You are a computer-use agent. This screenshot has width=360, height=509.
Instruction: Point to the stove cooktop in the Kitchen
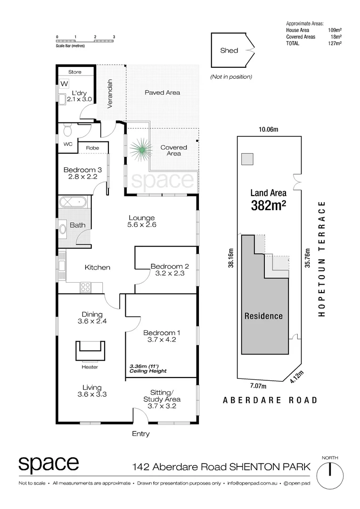click(85, 286)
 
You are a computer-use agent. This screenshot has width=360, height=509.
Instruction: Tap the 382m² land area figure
click(268, 205)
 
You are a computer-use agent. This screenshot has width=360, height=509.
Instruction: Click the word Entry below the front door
click(140, 434)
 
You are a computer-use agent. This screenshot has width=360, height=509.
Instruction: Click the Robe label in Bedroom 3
click(92, 148)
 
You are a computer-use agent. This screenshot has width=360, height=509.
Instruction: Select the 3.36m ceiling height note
click(148, 368)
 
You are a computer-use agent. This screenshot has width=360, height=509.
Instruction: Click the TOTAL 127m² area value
click(335, 43)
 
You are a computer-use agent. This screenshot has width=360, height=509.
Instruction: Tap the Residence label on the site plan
click(264, 316)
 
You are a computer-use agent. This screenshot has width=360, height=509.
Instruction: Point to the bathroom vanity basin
click(62, 229)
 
